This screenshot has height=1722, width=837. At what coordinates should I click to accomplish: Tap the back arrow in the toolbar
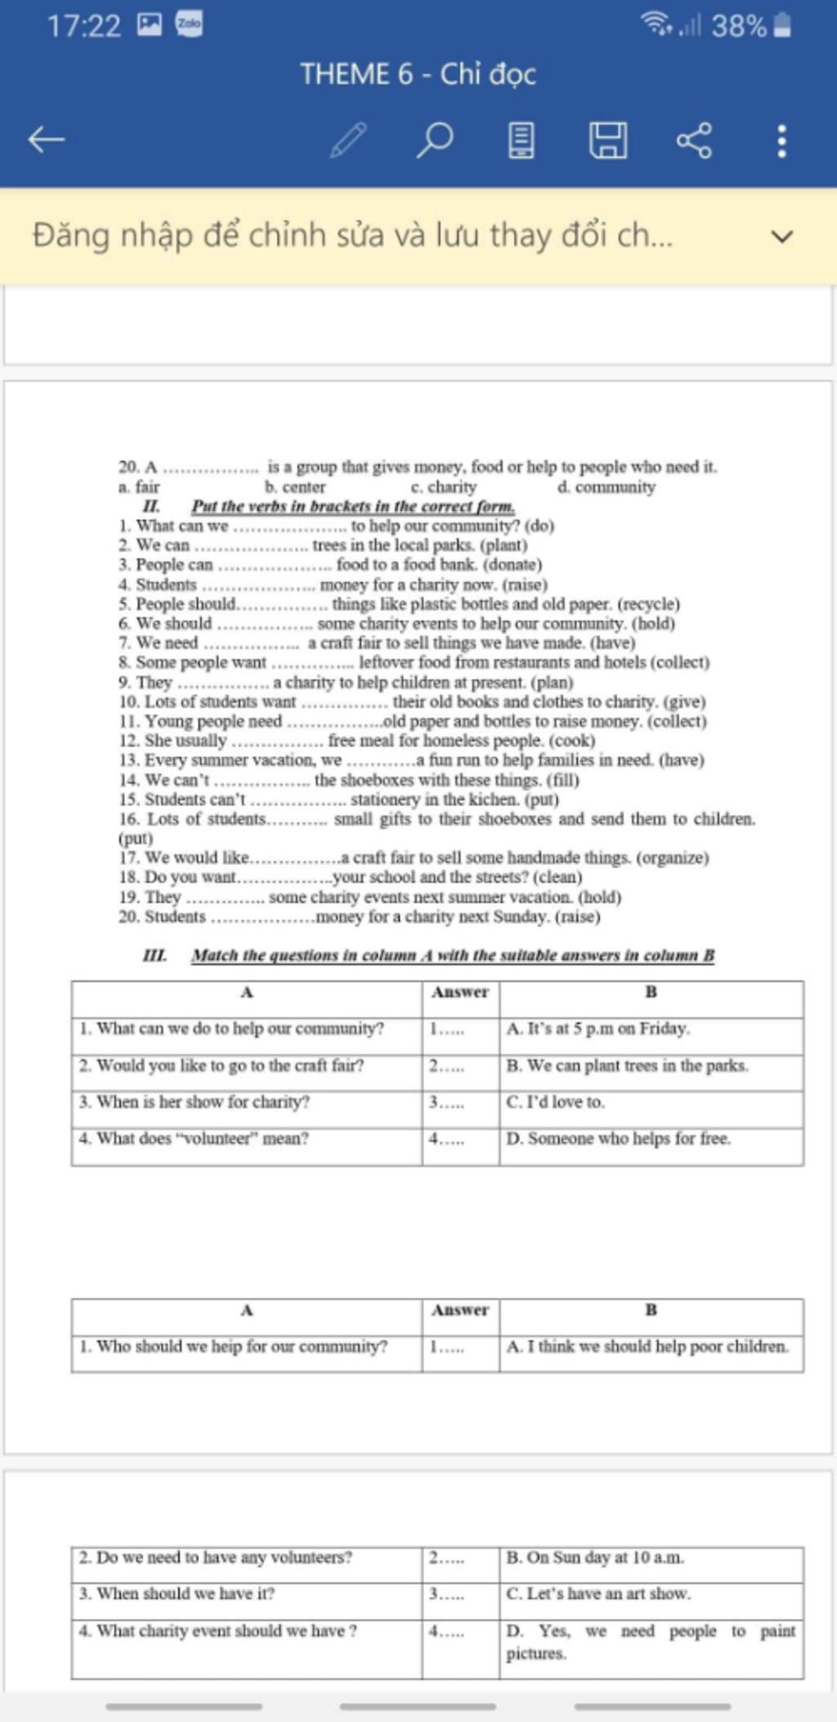click(47, 140)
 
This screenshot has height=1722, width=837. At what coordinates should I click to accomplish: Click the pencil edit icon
click(348, 140)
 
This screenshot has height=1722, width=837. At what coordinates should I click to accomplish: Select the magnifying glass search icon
click(435, 140)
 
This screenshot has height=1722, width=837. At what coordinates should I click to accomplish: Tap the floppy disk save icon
click(608, 140)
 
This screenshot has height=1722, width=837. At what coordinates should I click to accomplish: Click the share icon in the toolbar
click(694, 140)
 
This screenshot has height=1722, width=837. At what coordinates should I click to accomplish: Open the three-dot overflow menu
click(782, 141)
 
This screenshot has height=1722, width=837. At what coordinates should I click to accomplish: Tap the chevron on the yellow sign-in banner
click(782, 237)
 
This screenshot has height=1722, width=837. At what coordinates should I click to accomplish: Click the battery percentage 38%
click(738, 26)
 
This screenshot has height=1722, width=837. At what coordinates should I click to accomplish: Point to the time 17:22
click(83, 26)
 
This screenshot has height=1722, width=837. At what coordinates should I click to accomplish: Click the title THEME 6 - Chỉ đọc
click(418, 74)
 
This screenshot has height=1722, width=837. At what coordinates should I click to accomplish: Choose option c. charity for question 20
click(444, 487)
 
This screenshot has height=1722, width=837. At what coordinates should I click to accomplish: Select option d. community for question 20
click(606, 487)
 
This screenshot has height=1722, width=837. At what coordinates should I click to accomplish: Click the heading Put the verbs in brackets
click(353, 506)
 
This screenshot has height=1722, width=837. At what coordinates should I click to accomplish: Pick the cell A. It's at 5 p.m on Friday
click(598, 1029)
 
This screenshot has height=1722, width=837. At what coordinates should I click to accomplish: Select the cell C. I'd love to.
click(556, 1102)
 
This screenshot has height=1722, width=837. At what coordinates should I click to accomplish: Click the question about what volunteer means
click(195, 1138)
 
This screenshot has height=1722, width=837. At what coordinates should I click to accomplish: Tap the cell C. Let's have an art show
click(598, 1594)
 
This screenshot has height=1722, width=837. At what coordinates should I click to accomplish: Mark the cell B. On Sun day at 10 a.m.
click(595, 1558)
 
